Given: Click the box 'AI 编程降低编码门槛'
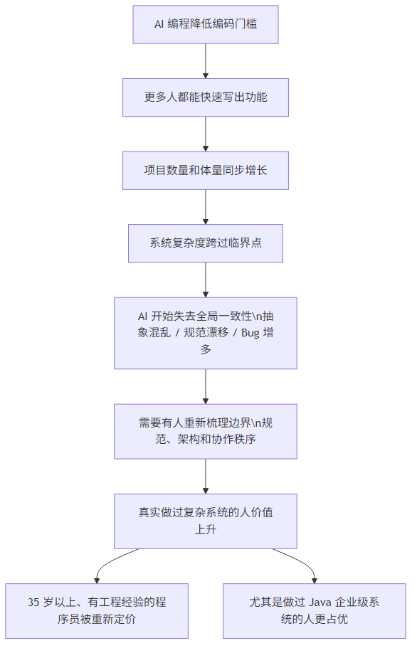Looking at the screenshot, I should [206, 24].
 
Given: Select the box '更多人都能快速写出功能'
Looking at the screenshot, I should [206, 97].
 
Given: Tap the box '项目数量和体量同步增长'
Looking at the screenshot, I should [206, 171].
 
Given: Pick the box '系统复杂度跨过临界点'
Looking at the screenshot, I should [206, 243].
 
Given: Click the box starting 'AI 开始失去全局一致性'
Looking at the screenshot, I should [206, 332].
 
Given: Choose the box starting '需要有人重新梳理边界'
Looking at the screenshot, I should [206, 431].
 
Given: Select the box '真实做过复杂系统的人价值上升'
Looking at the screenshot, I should [206, 521].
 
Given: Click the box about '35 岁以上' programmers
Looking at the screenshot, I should [97, 610].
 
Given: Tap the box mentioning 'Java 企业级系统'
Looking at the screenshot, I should [314, 610].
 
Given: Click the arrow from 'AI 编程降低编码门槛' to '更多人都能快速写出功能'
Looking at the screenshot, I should [206, 60].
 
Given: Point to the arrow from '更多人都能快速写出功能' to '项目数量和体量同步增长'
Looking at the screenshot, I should [206, 134].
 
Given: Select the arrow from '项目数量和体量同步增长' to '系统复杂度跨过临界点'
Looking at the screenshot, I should [206, 207].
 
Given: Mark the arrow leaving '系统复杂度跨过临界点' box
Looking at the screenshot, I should [206, 280].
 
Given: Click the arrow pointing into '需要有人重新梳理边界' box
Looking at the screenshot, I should [206, 386].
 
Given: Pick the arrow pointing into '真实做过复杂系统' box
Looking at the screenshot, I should [206, 477].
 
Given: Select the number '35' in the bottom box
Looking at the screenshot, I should [33, 602].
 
